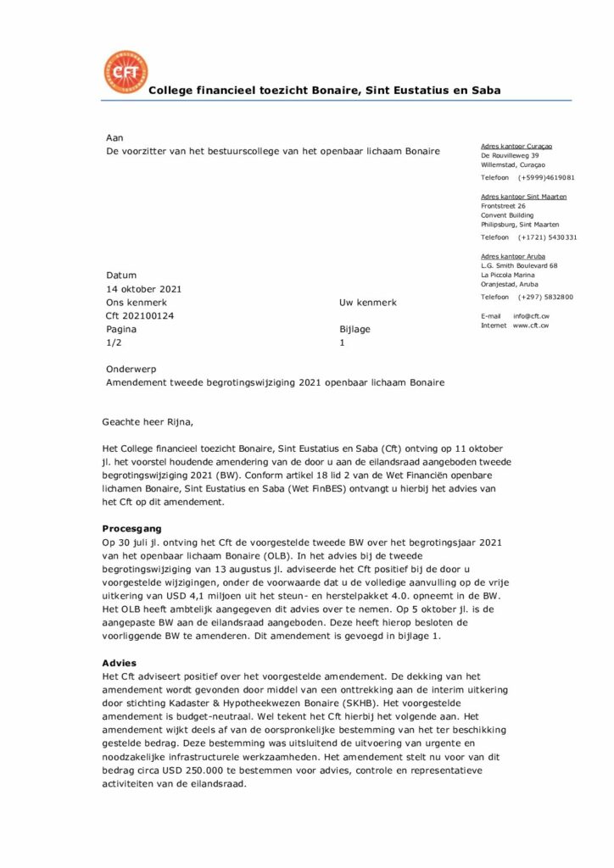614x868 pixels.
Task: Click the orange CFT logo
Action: coord(125,72)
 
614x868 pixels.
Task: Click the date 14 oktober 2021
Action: coord(143,289)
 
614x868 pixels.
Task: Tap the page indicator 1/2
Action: coord(114,343)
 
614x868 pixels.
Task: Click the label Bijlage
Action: coord(354,330)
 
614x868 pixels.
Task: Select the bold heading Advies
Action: coord(119,663)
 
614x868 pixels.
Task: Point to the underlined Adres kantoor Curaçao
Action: coord(516,146)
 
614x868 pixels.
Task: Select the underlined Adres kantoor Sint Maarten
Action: coord(523,197)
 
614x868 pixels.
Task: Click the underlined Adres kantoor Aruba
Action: coord(513,256)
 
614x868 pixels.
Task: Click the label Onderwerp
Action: coord(131,370)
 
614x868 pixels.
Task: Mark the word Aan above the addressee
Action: coord(114,137)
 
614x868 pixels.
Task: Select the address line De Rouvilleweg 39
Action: coord(510,156)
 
